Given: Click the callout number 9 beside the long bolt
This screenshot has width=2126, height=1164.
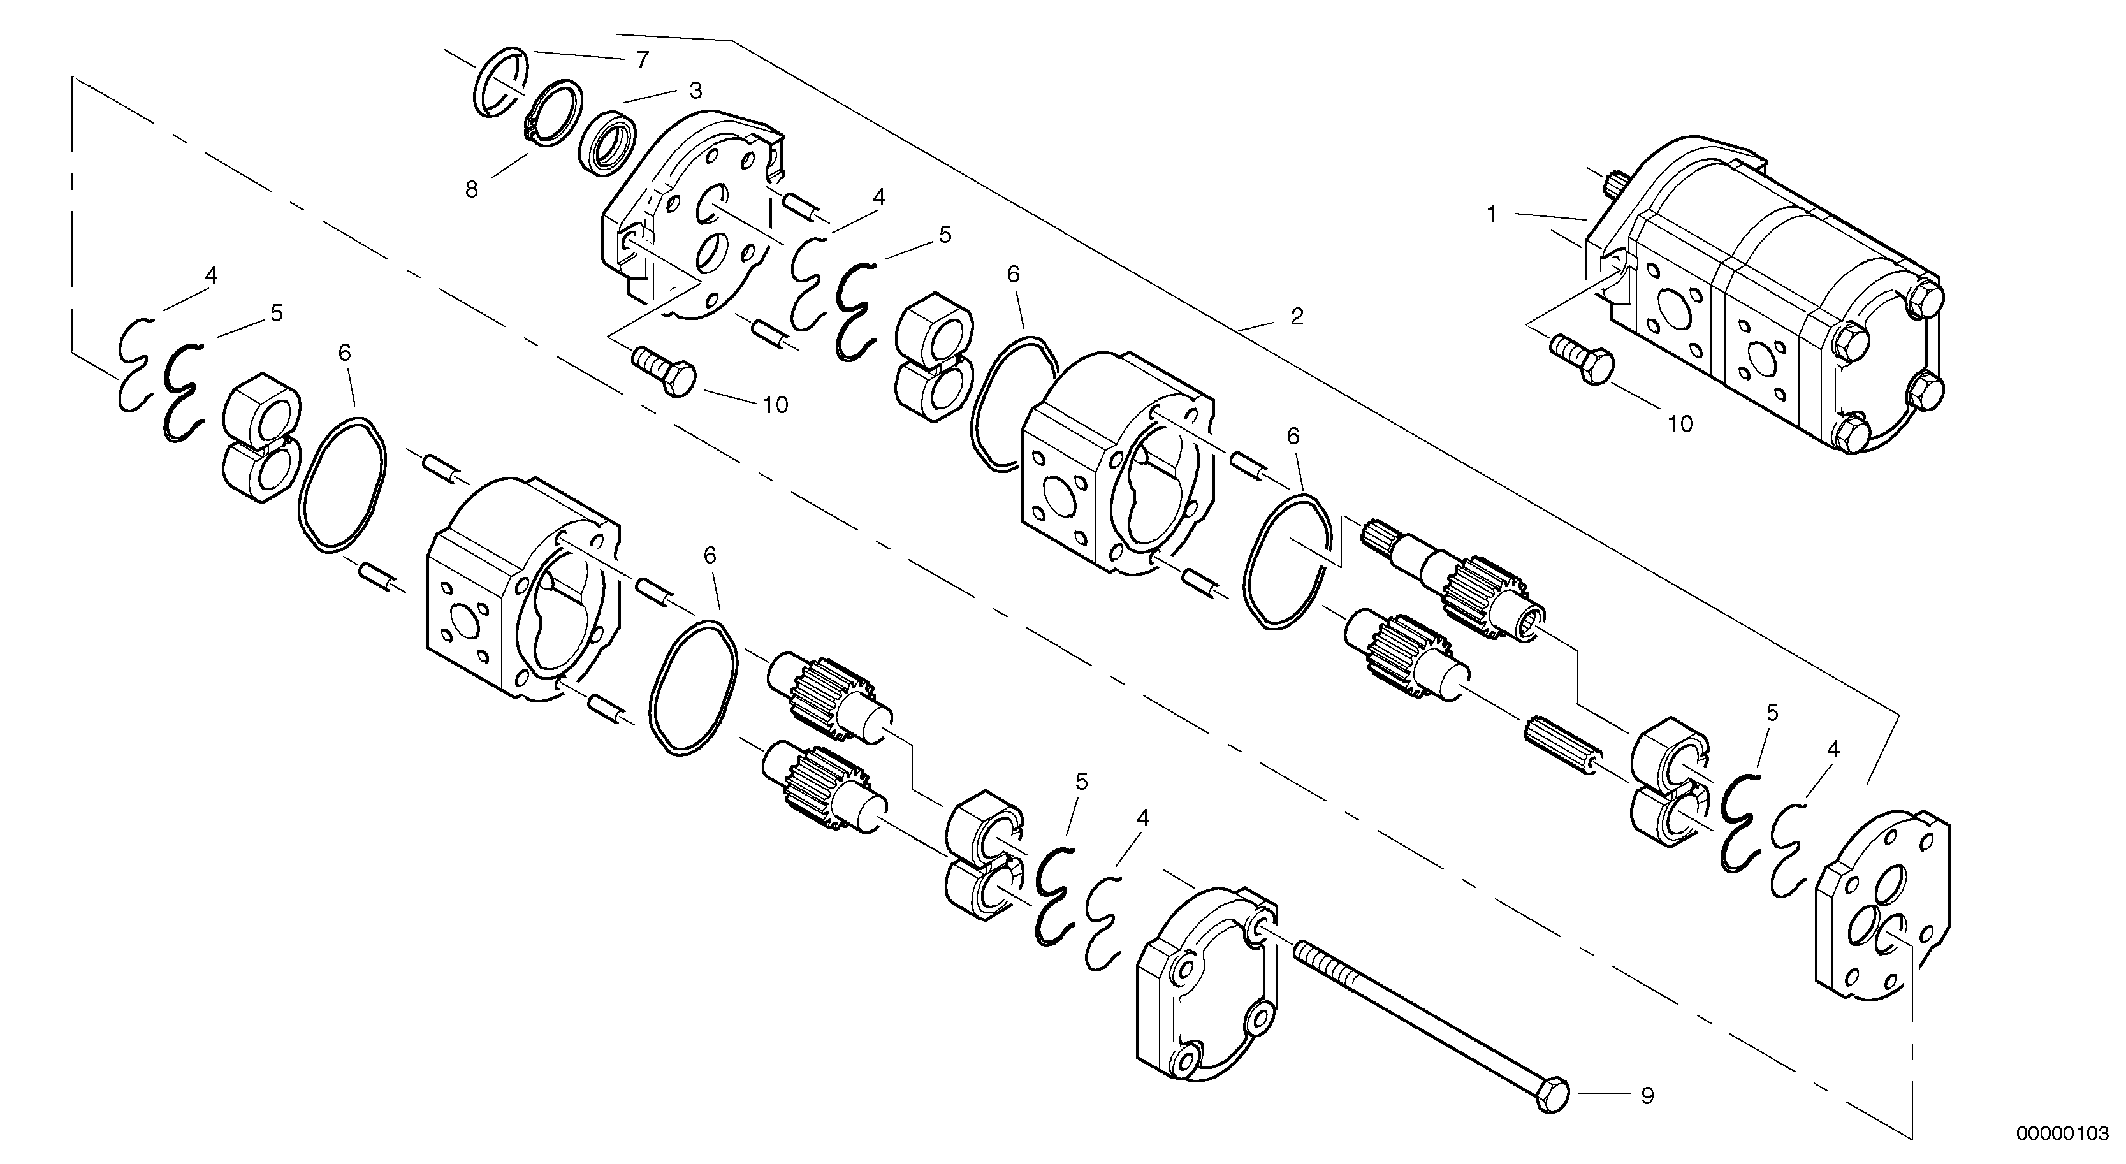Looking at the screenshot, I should point(1647,1096).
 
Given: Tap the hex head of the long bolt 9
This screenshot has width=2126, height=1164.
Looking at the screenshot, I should point(1552,1095).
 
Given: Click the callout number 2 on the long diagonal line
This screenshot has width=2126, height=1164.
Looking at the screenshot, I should point(1297,316).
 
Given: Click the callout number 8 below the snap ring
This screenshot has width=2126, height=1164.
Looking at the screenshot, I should point(471,190).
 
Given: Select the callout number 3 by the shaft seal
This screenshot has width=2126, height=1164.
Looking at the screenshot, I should point(695,89).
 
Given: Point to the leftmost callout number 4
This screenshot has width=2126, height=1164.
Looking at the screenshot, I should point(211,277).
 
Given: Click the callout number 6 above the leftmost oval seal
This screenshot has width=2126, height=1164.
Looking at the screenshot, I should point(345,353).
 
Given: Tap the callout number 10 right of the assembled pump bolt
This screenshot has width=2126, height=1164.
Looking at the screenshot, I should point(1680,425).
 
